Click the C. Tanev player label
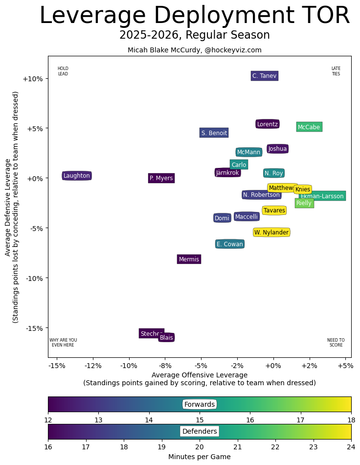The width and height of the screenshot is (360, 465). (x=265, y=76)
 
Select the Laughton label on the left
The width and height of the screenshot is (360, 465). (x=77, y=176)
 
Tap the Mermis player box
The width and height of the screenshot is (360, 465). (x=189, y=259)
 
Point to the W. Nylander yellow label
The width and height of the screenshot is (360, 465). (x=271, y=232)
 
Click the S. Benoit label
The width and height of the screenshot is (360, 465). (x=214, y=133)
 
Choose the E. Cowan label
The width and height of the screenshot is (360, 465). (x=230, y=244)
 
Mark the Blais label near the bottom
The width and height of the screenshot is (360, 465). (x=166, y=337)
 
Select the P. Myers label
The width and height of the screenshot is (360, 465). (x=161, y=178)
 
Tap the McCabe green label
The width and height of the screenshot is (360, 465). (x=309, y=127)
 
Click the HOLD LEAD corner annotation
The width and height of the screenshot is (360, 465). (x=63, y=71)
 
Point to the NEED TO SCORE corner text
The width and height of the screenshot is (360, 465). (x=336, y=343)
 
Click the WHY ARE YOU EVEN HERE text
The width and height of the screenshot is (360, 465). (x=63, y=343)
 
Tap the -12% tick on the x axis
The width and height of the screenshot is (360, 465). (x=93, y=366)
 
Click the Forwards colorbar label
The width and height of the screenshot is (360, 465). (x=200, y=404)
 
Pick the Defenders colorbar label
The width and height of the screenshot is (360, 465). (x=200, y=431)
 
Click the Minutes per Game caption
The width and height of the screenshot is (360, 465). (x=200, y=457)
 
